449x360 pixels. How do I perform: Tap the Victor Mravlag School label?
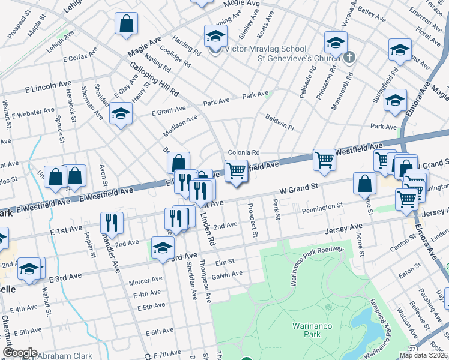click(265, 49)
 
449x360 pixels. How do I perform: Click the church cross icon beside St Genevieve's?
click(351, 58)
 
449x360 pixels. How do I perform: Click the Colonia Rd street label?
click(243, 152)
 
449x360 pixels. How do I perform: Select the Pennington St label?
click(322, 206)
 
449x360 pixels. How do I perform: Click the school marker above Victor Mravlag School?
click(215, 36)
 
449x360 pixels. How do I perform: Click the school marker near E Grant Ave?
click(121, 112)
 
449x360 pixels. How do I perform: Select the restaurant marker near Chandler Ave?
click(112, 223)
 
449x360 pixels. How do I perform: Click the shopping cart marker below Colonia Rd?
click(236, 170)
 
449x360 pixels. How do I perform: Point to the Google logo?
click(20, 353)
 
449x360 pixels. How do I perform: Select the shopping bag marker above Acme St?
click(365, 184)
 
